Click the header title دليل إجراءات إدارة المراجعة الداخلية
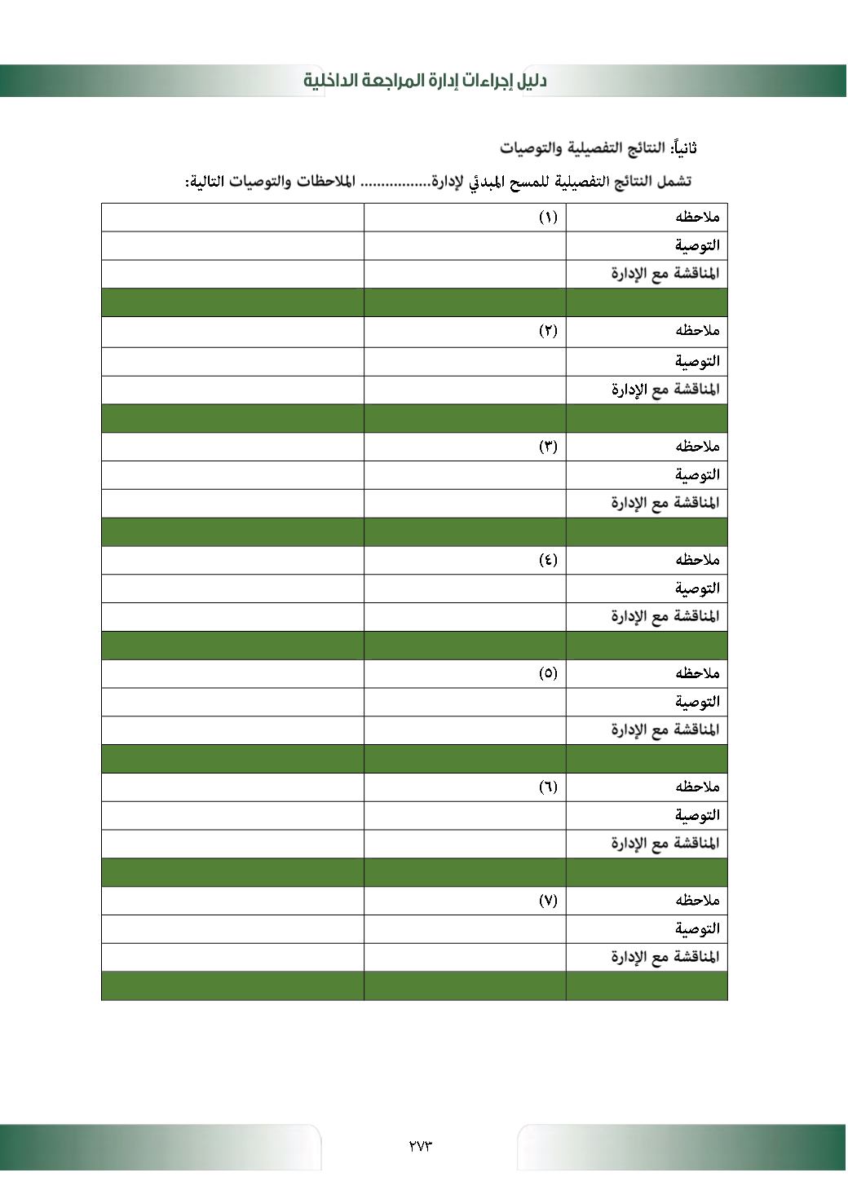click(425, 81)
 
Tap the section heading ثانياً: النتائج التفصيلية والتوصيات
click(598, 148)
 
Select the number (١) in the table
click(548, 217)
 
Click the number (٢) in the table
click(548, 331)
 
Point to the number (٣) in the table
click(548, 446)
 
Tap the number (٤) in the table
click(548, 560)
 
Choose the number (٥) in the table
click(548, 673)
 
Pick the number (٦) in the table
click(548, 787)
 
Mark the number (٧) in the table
click(548, 901)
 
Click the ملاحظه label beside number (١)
click(697, 217)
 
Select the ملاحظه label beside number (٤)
click(697, 560)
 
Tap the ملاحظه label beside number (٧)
click(697, 901)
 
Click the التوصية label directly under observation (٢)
click(697, 360)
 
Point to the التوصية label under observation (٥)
click(697, 702)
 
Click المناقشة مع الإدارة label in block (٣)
click(665, 503)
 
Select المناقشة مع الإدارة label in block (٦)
click(665, 844)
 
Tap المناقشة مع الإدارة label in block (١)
click(665, 274)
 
